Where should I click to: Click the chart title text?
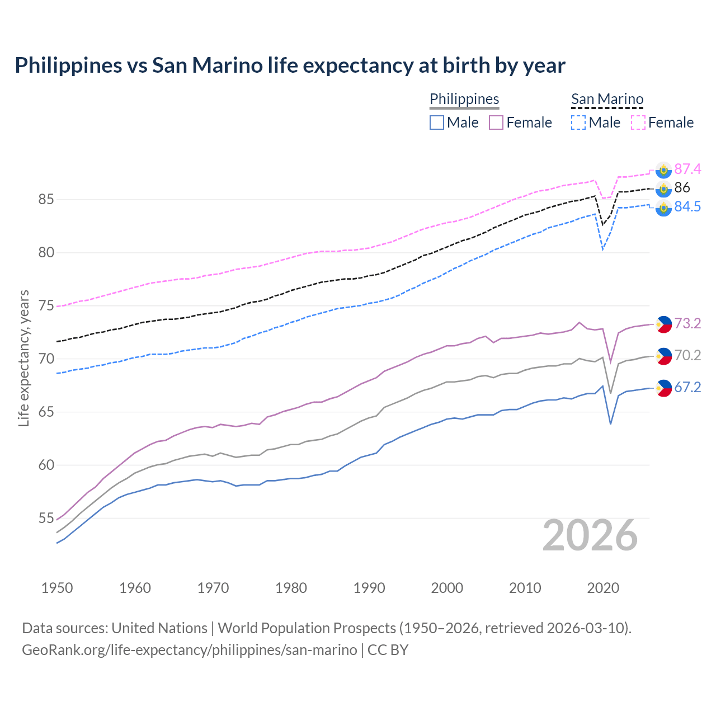(290, 65)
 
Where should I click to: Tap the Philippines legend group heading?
(464, 99)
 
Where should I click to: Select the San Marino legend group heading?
(607, 99)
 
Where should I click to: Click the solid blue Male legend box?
(437, 123)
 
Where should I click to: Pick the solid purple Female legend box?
(496, 123)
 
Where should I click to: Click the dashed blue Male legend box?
(578, 123)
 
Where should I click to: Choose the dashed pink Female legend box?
(638, 123)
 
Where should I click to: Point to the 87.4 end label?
(687, 169)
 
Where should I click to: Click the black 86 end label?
(682, 187)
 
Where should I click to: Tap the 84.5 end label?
(687, 206)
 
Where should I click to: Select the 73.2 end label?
(687, 323)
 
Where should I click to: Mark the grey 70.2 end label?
(687, 355)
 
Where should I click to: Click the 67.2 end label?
(687, 387)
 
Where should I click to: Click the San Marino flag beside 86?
(663, 189)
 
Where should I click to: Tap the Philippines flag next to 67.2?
(663, 388)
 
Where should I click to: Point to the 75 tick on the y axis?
(46, 306)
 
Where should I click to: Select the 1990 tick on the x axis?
(369, 588)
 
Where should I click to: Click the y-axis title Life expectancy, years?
(23, 358)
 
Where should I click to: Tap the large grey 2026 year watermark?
(590, 535)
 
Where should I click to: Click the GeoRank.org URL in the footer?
(189, 650)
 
